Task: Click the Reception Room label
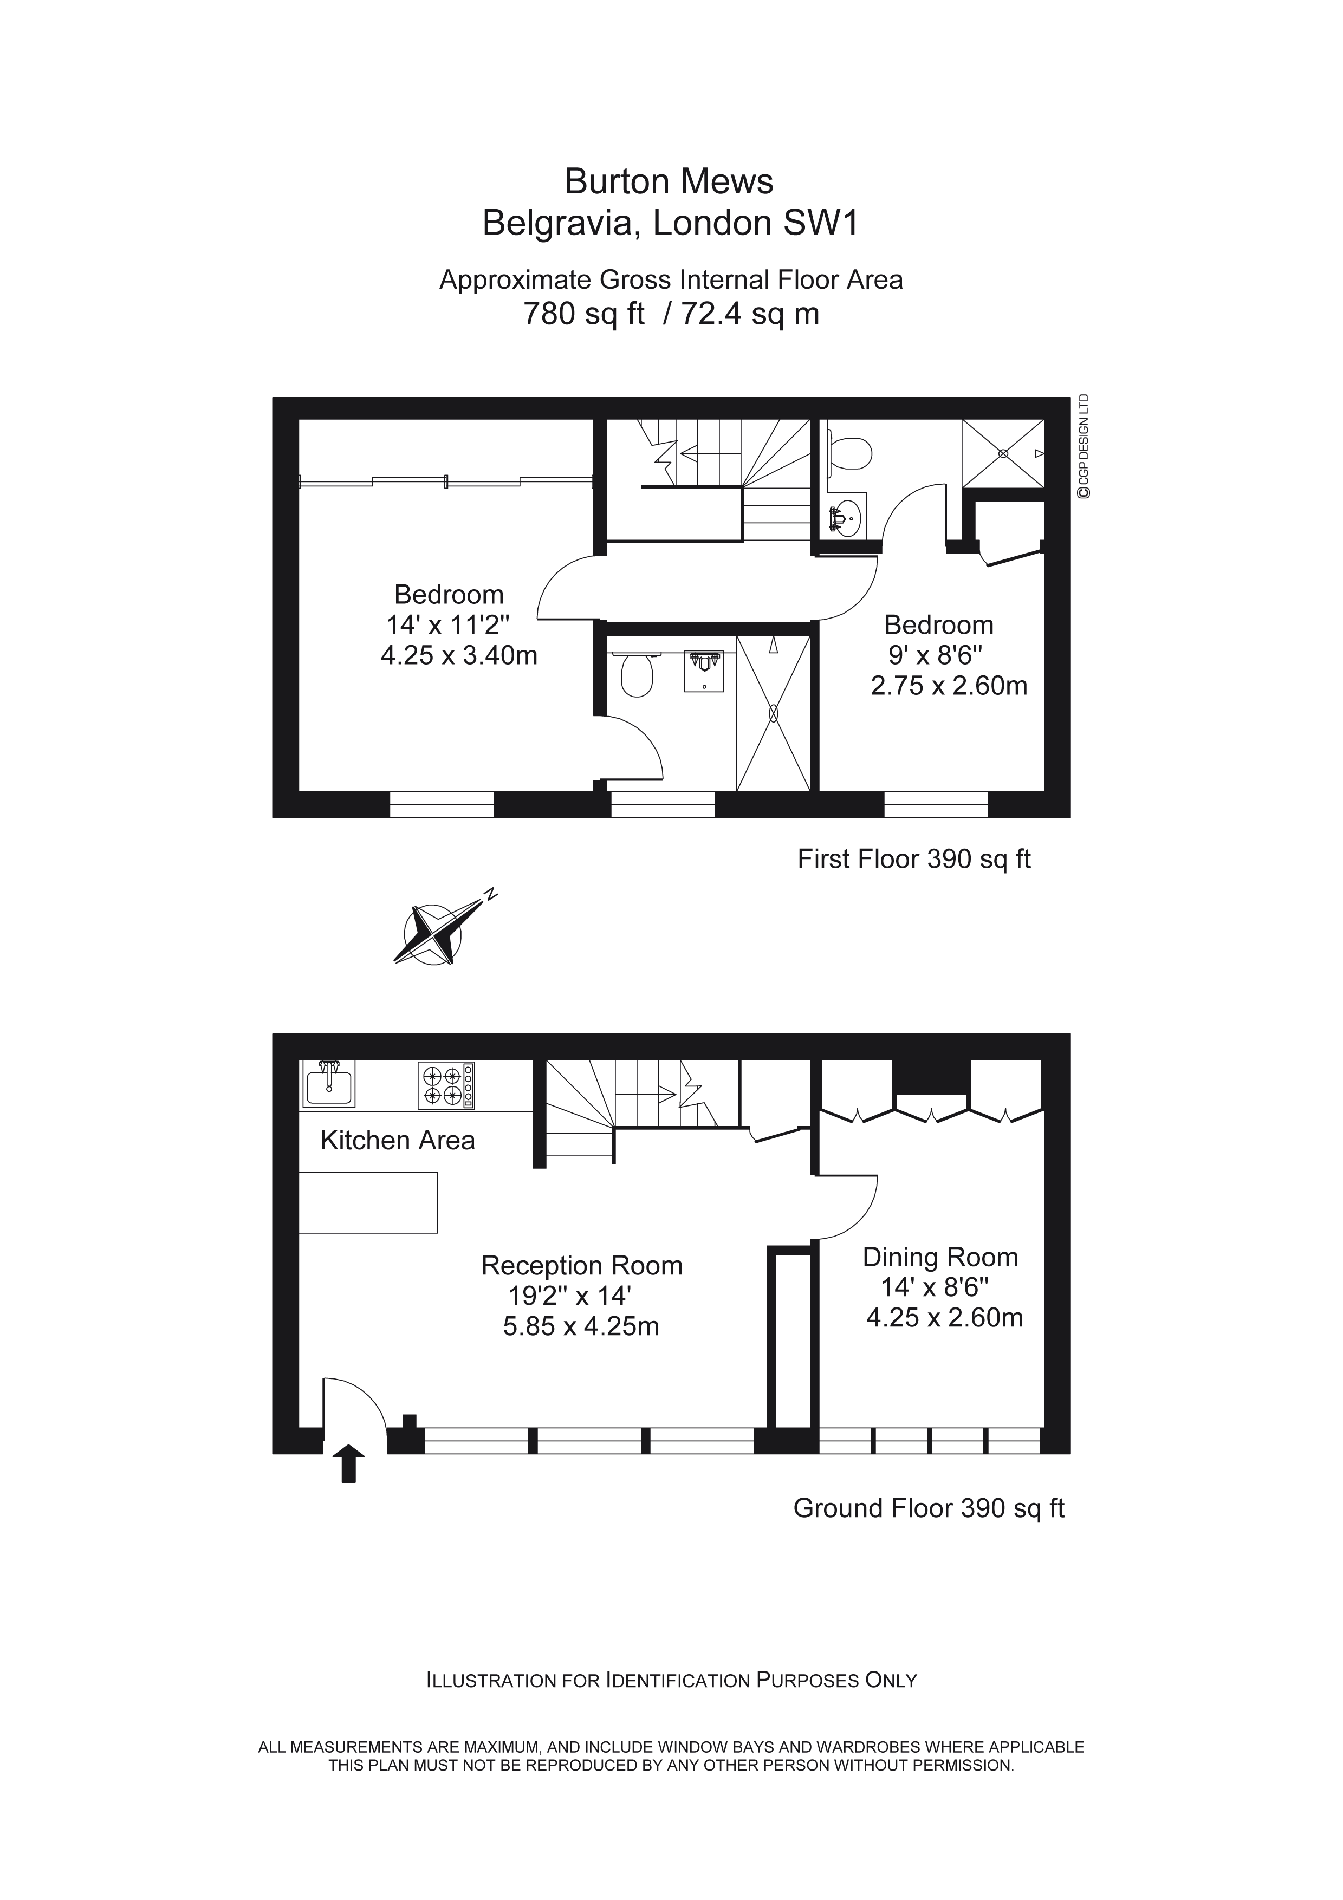point(582,1265)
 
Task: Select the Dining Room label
point(940,1257)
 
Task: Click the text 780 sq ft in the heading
point(583,315)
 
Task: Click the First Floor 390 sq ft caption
point(913,859)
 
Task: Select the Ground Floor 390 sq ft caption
point(929,1508)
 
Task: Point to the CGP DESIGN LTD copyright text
point(1082,447)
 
